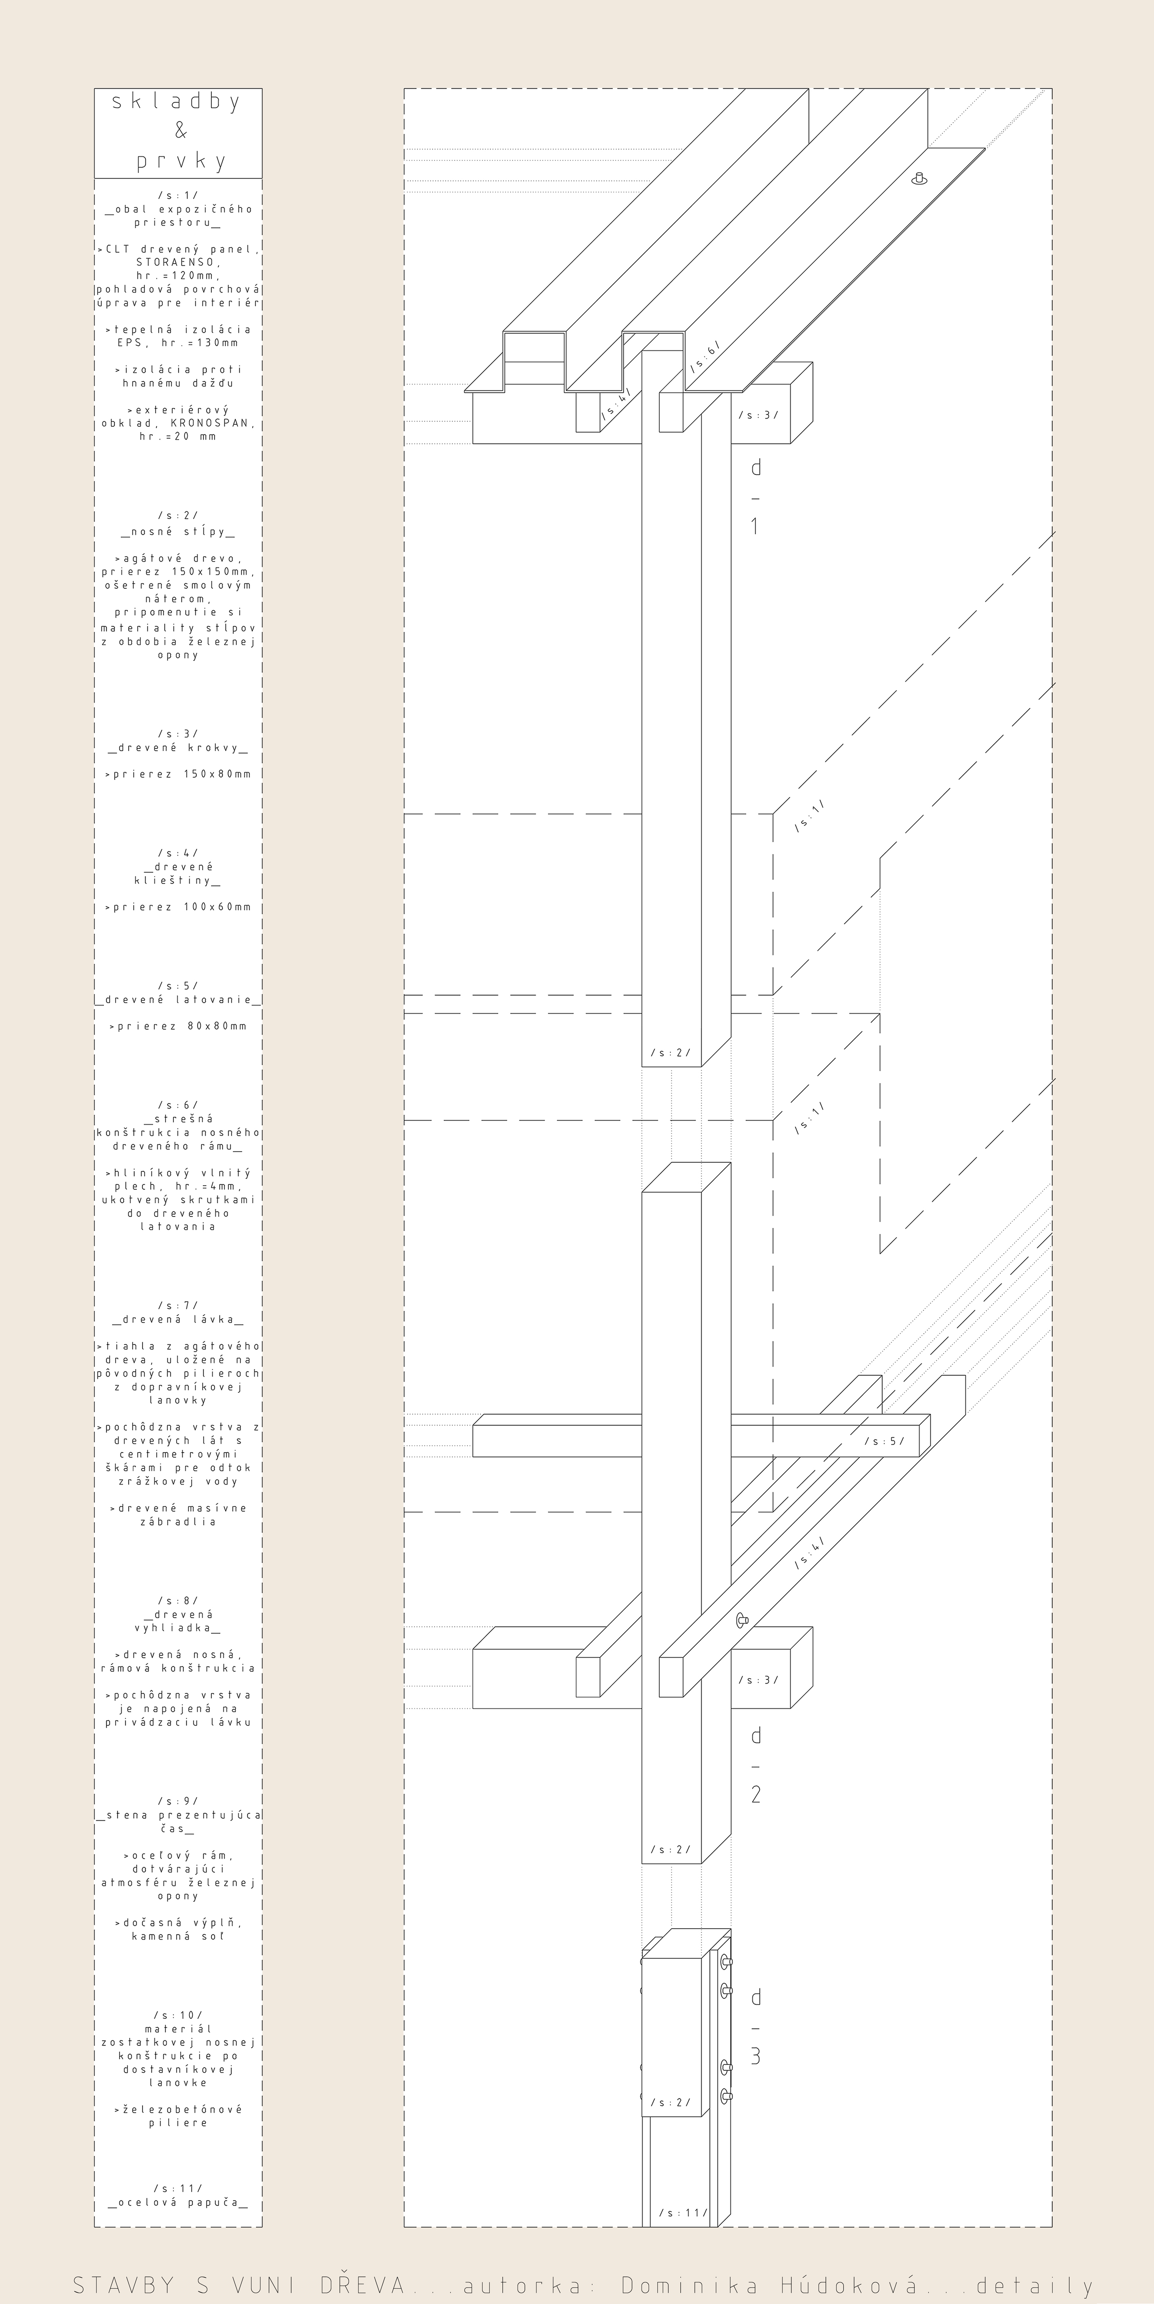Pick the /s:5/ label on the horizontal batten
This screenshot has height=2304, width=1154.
(884, 1441)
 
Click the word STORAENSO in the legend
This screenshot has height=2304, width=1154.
(178, 263)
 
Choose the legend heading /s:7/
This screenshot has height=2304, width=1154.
(178, 1305)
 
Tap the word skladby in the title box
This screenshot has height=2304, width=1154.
(177, 102)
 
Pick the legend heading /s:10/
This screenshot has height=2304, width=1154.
(178, 2014)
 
